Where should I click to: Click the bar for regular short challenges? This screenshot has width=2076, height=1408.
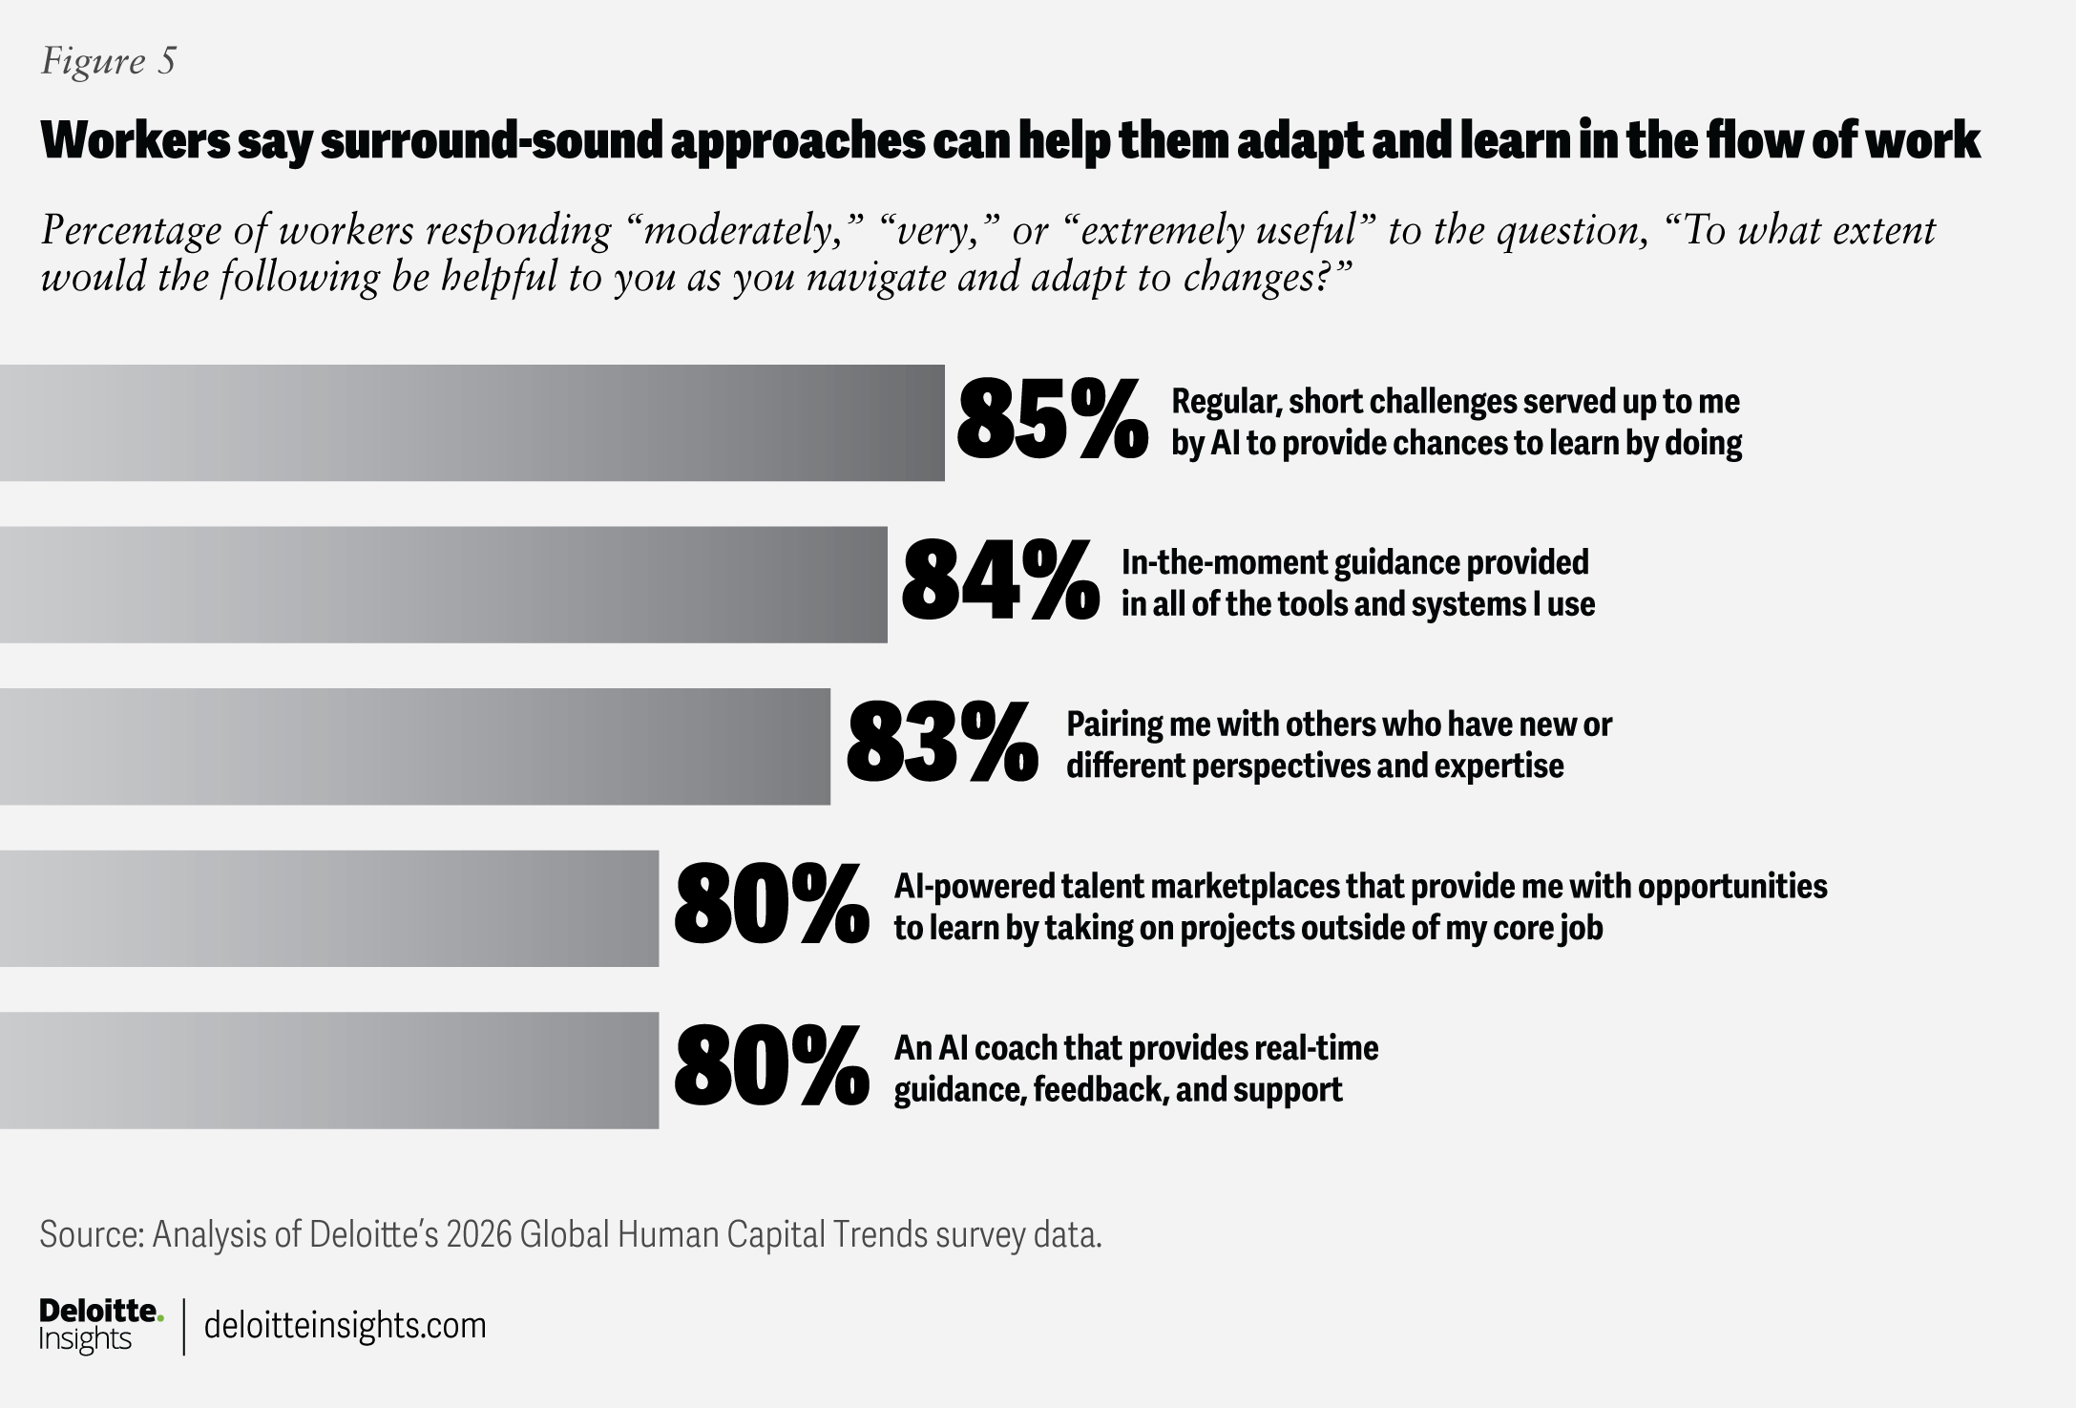[x=472, y=423]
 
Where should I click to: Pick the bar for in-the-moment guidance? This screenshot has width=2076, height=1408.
[x=443, y=584]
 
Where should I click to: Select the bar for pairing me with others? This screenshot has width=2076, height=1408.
[x=414, y=746]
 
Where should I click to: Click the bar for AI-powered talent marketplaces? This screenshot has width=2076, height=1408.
[x=328, y=908]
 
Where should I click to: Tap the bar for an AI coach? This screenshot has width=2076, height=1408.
[x=328, y=1070]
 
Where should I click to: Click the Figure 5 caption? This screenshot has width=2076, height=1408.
[x=108, y=61]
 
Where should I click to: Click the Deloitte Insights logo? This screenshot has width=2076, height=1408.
[x=99, y=1325]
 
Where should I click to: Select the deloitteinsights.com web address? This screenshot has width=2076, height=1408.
[x=346, y=1325]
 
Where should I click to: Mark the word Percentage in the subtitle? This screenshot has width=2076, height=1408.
[x=141, y=232]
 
